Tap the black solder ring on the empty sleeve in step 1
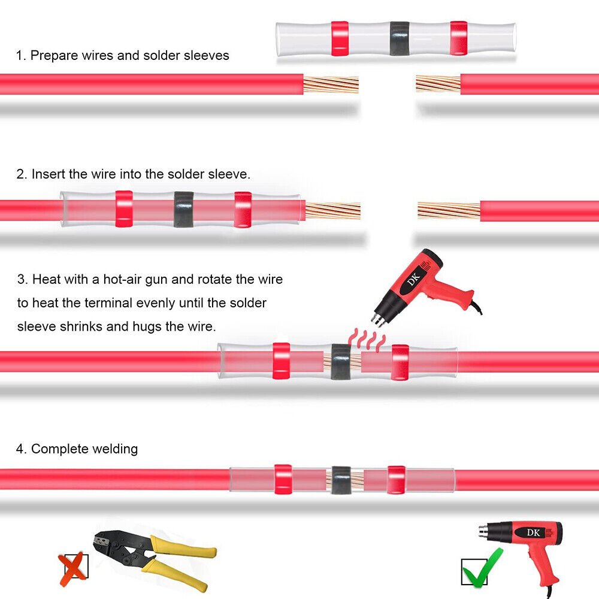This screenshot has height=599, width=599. click(400, 38)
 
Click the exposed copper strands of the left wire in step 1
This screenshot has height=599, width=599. click(331, 84)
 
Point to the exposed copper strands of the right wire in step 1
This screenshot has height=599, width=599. click(438, 84)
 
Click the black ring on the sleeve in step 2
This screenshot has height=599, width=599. click(184, 209)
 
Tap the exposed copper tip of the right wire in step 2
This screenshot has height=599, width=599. click(449, 210)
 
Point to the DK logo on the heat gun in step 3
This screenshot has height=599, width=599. click(414, 279)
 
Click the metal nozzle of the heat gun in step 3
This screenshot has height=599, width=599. click(377, 319)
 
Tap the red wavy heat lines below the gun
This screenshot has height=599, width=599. click(367, 340)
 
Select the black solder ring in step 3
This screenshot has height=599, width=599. click(341, 361)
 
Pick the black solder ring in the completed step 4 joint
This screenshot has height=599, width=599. click(341, 480)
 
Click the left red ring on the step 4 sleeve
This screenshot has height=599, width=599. click(283, 479)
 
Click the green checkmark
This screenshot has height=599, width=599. click(483, 568)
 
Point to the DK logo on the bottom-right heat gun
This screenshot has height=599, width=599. click(533, 533)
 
